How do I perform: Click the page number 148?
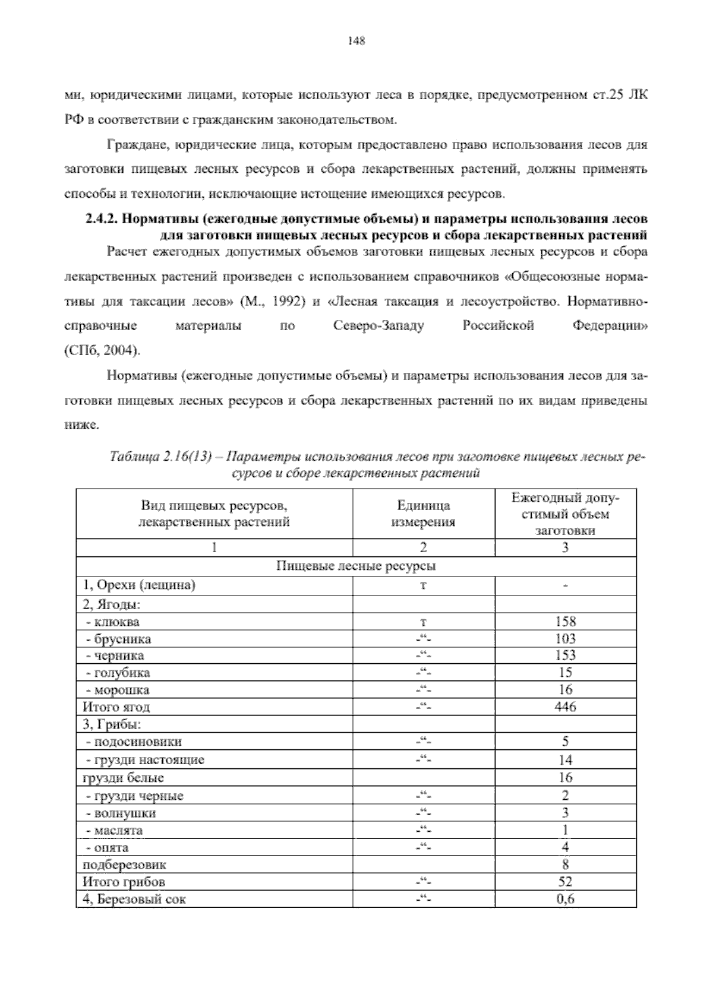point(356,41)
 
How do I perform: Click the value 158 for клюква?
point(565,622)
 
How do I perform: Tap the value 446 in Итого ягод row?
point(565,707)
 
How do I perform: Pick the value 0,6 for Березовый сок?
point(565,899)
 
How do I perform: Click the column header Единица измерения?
point(423,514)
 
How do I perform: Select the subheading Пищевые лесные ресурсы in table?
point(356,566)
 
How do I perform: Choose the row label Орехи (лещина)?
point(140,585)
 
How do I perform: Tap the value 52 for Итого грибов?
point(565,882)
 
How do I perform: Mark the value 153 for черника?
point(565,655)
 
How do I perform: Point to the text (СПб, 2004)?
point(102,350)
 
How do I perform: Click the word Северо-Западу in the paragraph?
point(379,326)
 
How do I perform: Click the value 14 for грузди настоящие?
point(565,759)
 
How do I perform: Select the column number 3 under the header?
point(565,547)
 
